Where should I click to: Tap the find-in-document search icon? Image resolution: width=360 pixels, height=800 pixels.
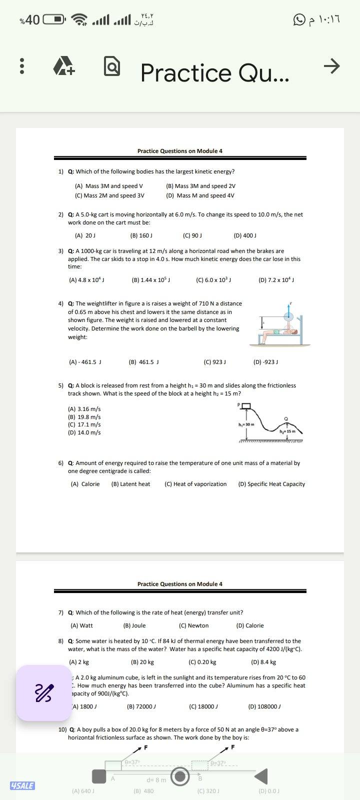112,67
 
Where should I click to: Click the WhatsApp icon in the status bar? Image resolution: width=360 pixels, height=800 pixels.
299,20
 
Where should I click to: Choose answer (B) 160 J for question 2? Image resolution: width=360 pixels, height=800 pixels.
141,235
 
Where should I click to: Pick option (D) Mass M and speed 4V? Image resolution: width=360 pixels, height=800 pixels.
200,195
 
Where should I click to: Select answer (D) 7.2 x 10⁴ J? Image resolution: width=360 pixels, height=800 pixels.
276,280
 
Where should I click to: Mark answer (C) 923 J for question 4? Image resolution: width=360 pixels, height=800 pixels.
215,362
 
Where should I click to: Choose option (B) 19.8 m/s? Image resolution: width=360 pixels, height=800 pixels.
84,417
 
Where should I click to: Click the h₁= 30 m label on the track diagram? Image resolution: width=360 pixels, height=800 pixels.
246,424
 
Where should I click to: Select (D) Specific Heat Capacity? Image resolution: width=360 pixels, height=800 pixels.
271,484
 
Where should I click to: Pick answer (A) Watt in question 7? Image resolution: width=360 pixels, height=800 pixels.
81,625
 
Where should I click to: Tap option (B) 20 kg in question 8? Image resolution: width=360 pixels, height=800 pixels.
142,662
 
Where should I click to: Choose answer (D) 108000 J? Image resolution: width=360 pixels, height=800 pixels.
264,706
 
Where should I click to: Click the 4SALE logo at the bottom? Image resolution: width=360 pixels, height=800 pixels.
22,785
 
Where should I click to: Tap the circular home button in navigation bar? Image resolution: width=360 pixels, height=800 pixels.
180,776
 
